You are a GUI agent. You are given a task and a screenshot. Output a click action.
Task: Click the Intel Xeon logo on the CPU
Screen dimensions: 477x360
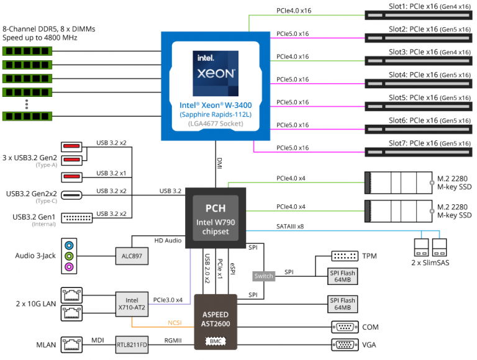216,73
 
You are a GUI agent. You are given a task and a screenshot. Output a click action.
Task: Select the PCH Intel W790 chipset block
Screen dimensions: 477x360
216,218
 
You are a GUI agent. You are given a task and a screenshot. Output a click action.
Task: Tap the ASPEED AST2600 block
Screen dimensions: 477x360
216,322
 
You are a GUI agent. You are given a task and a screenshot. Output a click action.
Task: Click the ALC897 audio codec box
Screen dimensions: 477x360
132,256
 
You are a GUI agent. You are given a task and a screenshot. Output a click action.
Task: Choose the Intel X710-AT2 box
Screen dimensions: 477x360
132,304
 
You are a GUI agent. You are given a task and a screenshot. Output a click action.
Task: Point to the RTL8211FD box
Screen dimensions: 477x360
132,345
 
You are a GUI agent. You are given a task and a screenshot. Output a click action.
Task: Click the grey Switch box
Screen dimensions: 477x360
264,276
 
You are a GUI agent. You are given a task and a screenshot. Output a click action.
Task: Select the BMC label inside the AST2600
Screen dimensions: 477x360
216,341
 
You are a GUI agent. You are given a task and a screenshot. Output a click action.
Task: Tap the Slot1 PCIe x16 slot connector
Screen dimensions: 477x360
419,15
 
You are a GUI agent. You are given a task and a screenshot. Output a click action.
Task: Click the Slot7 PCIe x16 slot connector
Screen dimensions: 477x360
419,152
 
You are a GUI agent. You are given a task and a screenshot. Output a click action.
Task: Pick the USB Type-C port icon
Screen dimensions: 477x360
71,195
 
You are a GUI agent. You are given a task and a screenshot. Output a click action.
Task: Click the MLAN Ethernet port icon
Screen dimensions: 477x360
71,345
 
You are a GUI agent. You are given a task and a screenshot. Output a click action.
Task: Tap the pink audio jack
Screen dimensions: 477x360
69,267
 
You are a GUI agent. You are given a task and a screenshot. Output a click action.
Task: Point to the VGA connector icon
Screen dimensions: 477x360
345,345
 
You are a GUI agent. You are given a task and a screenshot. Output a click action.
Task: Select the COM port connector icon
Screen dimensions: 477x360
345,327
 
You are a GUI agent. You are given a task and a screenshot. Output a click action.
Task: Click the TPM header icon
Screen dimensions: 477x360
345,256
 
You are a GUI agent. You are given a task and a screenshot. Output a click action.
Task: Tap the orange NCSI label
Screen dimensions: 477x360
175,323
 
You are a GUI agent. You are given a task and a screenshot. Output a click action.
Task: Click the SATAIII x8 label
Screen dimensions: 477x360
290,226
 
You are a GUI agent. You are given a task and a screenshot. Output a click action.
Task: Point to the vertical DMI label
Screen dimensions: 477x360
219,163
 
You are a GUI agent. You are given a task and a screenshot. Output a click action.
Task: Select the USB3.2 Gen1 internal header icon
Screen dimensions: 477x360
77,218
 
